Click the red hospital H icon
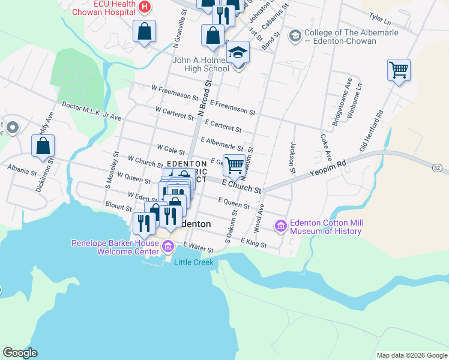coord(144,7)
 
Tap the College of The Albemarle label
coord(340,37)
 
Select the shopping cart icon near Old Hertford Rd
coord(399,70)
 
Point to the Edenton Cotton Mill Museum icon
coord(280,226)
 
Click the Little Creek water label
coord(193,262)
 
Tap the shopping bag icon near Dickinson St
coord(43,146)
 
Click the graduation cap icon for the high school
coord(238,52)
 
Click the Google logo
coord(20,353)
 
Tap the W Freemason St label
coord(175,92)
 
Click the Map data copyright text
coord(411,355)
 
